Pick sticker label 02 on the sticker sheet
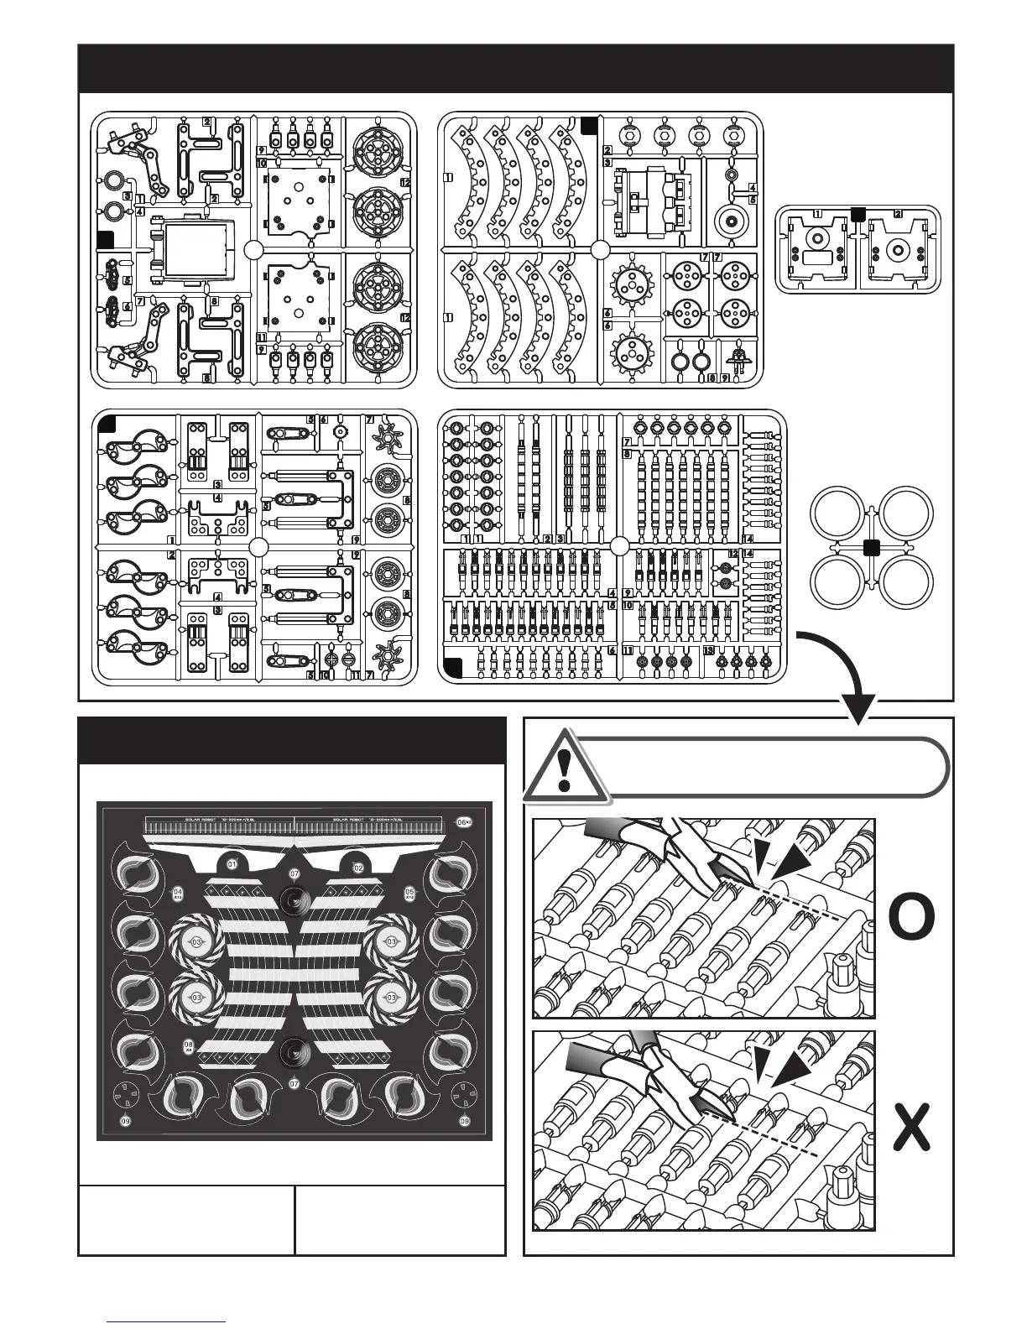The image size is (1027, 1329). pos(357,867)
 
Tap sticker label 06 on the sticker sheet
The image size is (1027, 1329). pos(462,823)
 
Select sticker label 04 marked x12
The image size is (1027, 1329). pos(178,893)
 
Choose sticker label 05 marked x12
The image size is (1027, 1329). pos(410,893)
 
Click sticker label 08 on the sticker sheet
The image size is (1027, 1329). pos(189,1045)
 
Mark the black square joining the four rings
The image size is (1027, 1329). pos(871,548)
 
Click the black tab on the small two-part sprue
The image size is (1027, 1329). pos(858,214)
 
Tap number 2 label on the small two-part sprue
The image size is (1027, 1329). pos(898,213)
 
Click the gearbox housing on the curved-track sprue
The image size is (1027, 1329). pos(652,201)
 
